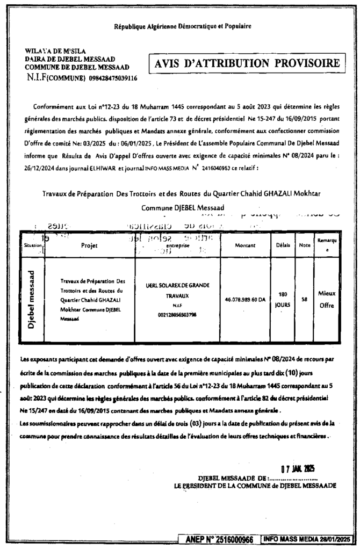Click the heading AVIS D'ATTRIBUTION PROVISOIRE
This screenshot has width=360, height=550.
click(x=247, y=63)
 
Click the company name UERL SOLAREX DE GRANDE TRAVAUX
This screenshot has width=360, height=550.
click(x=177, y=290)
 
